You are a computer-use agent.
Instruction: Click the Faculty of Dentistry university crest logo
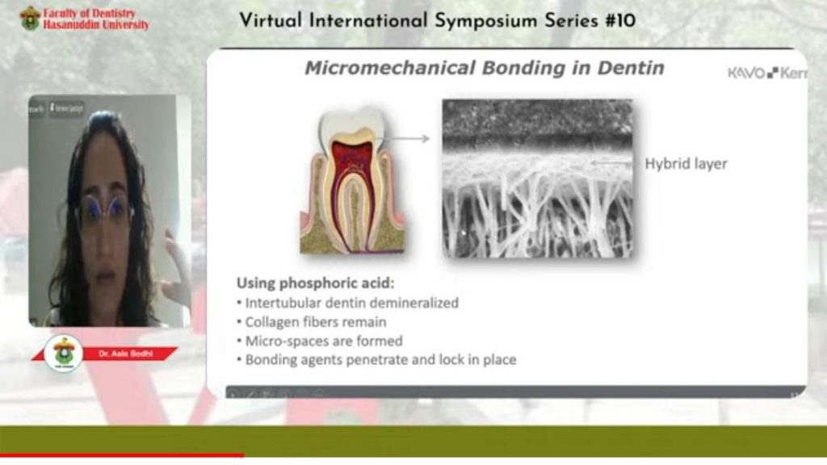coord(30,18)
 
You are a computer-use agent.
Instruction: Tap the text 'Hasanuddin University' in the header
coord(96,25)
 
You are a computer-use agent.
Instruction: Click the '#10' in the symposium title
coord(617,21)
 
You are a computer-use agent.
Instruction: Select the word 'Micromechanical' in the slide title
coord(390,69)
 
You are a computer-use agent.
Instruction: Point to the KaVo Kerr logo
coord(766,73)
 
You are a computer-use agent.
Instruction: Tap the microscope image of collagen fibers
coord(537,178)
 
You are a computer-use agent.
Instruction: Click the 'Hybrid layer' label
coord(686,164)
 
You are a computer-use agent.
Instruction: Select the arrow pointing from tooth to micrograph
coord(409,139)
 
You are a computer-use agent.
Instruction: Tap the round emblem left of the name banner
coord(64,353)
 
